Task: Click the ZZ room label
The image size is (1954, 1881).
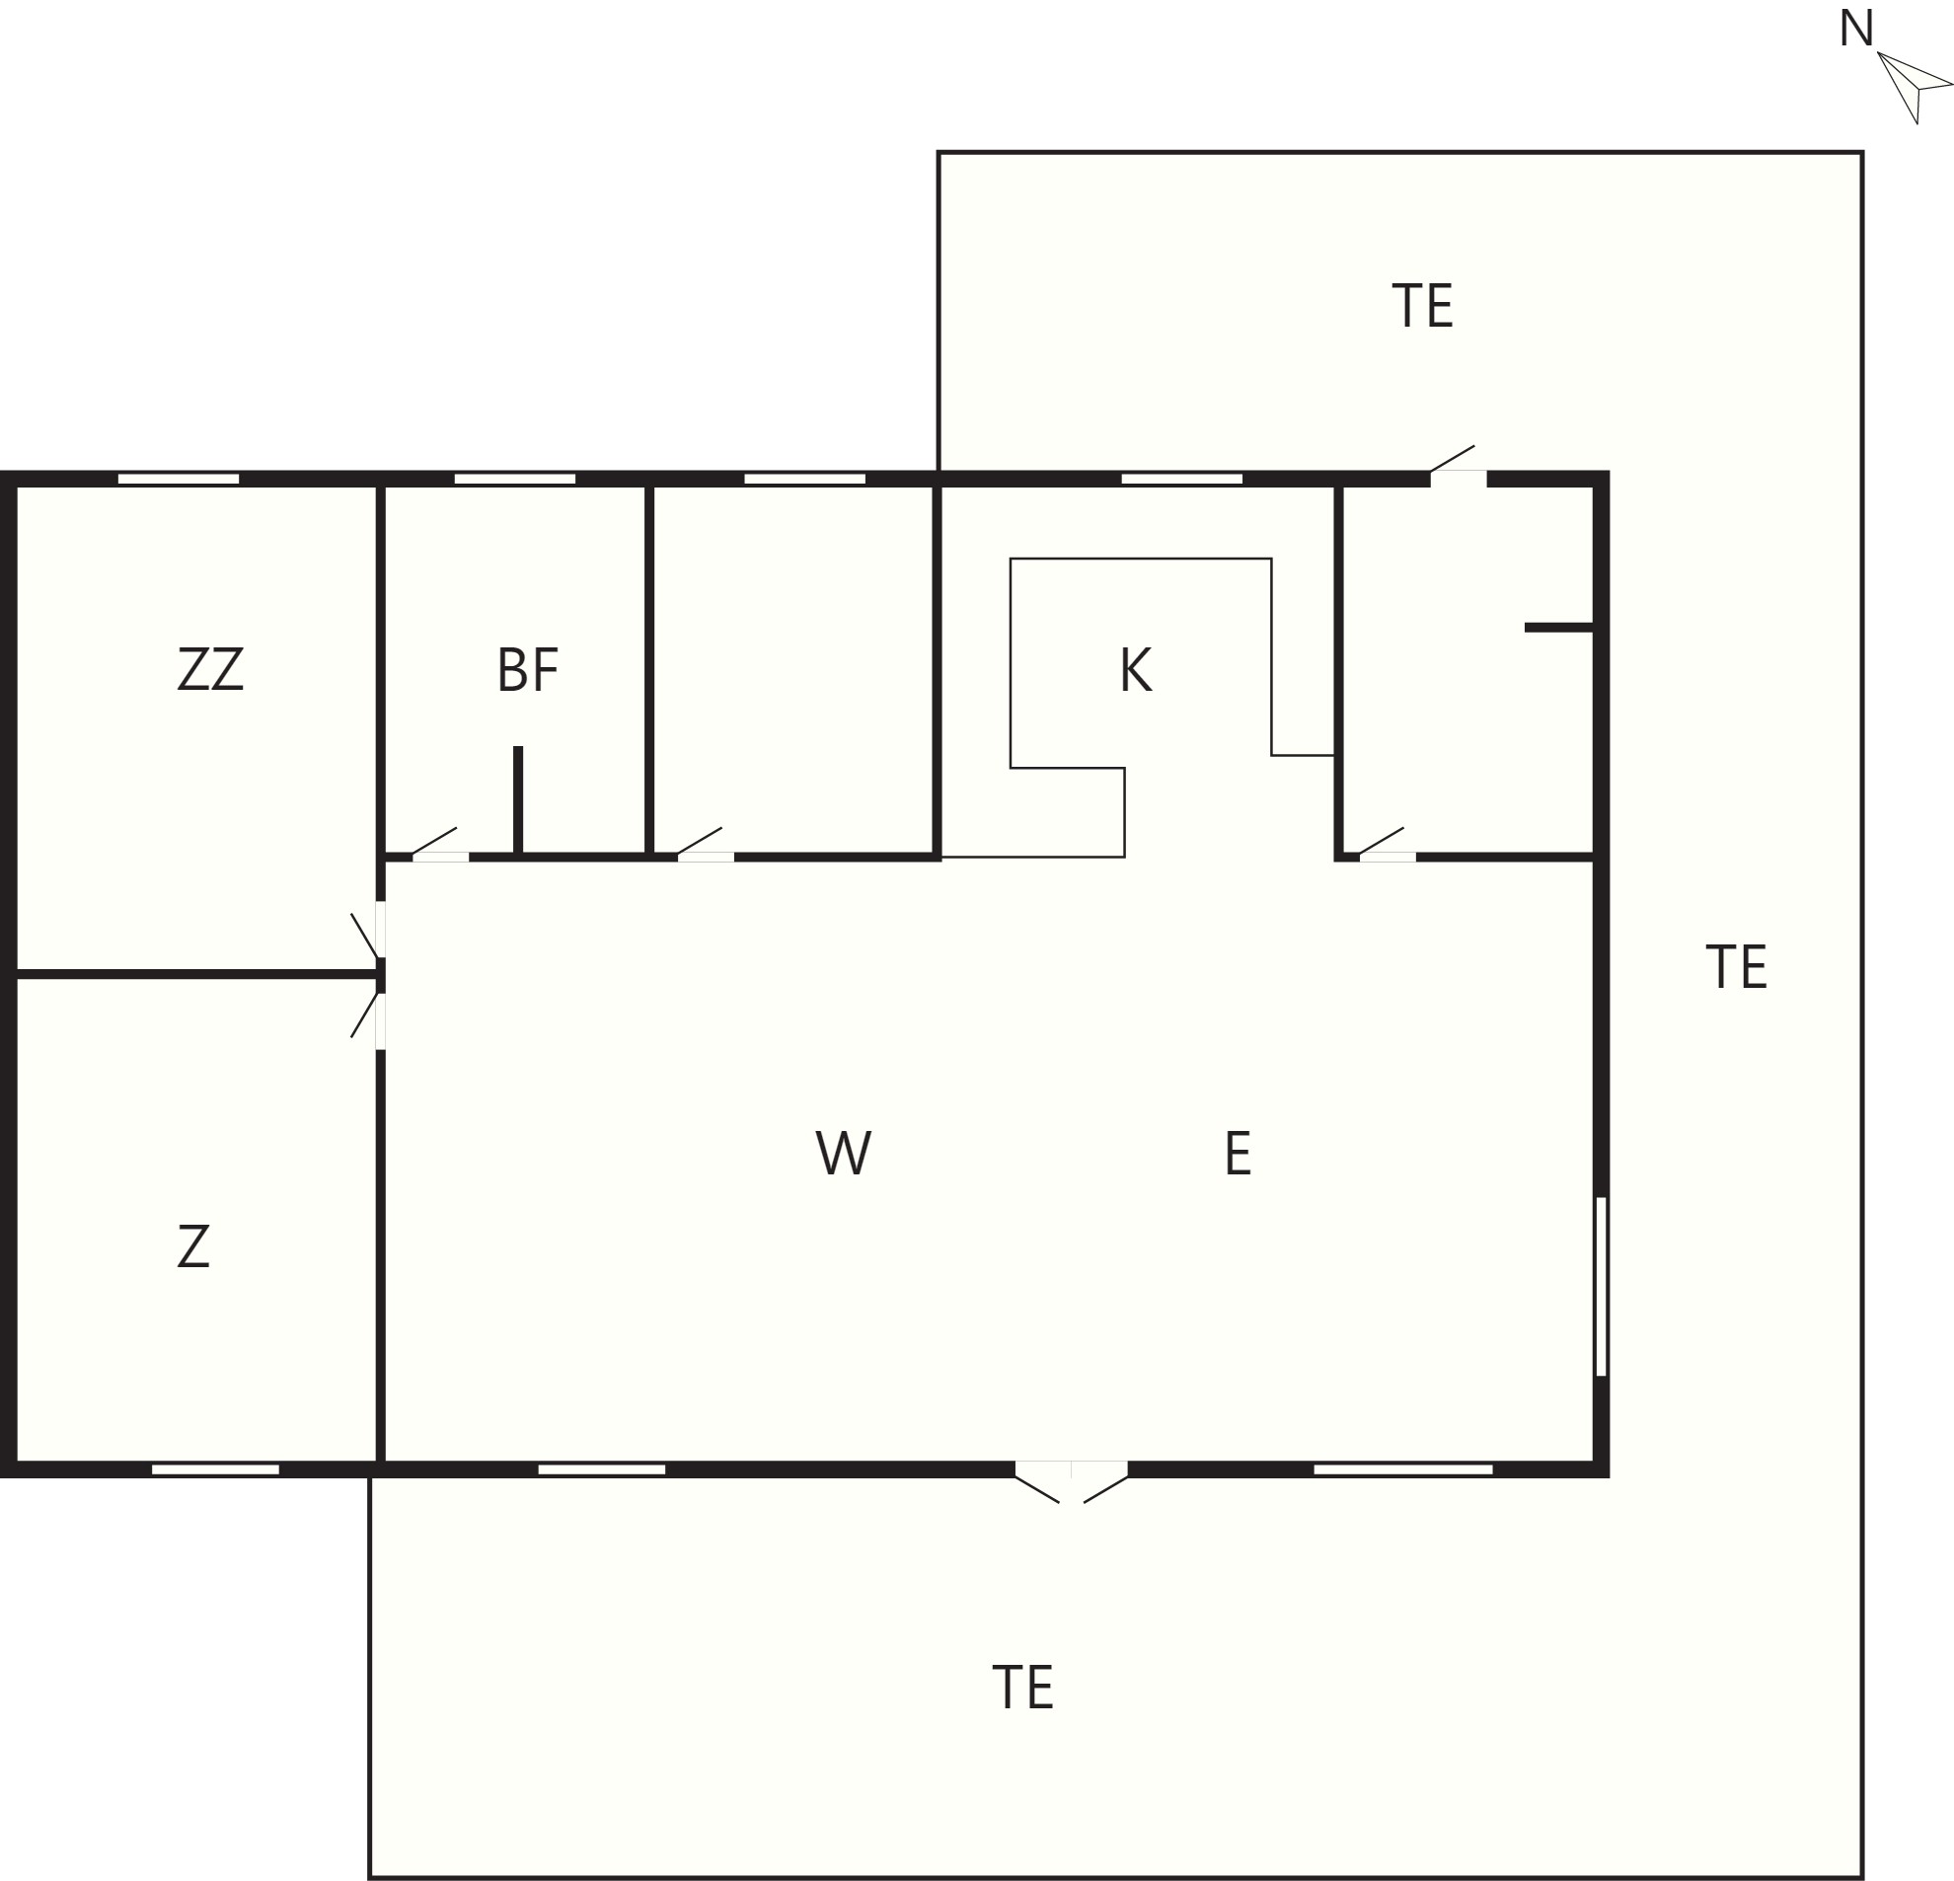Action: coord(210,669)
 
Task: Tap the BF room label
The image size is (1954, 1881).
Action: coord(527,670)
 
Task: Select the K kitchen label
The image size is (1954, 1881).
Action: coord(1136,669)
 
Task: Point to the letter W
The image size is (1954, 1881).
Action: coord(844,1154)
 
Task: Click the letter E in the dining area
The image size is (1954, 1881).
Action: coord(1238,1154)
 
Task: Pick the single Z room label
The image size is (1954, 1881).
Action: coord(193,1246)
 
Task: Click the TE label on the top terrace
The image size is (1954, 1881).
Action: coord(1423,305)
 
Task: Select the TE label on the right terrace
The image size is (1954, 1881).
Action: coord(1737,967)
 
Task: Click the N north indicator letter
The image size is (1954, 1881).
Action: coord(1856,29)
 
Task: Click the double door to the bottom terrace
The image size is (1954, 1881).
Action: coord(1072,1481)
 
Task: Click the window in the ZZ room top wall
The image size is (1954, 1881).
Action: coord(179,479)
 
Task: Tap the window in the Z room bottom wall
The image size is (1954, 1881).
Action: coord(215,1469)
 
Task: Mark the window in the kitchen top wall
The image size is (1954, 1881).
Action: coord(1181,479)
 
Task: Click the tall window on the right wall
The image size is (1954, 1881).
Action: coord(1601,1286)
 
